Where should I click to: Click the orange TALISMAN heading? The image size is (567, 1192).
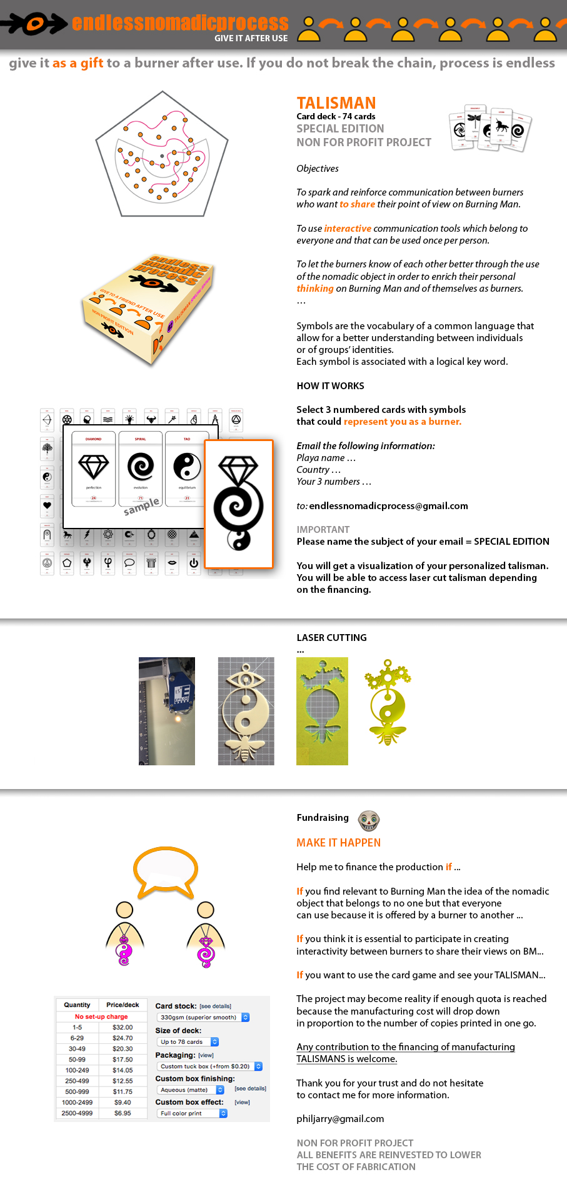(336, 103)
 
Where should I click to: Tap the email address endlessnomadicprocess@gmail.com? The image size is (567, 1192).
(388, 506)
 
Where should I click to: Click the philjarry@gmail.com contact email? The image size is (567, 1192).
(340, 1119)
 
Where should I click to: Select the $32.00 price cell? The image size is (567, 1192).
(123, 1027)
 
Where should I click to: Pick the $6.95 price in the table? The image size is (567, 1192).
(123, 1113)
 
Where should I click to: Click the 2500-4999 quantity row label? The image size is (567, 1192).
(77, 1113)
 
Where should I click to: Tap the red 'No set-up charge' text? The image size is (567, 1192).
(101, 1016)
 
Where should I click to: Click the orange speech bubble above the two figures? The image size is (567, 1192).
(166, 870)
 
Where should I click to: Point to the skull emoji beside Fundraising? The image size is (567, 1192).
(369, 820)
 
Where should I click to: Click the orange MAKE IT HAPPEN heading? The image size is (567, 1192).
(338, 843)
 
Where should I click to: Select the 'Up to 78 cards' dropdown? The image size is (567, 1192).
(187, 1041)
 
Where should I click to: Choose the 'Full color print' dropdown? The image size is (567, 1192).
(191, 1113)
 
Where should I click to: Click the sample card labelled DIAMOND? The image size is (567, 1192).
(94, 468)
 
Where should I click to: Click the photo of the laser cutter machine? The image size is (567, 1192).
(167, 711)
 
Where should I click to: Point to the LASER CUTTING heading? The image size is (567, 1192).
(331, 638)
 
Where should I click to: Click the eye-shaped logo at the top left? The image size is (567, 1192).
(34, 24)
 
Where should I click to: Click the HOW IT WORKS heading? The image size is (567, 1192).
(330, 386)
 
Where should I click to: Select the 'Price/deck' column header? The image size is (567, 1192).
(123, 1005)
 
